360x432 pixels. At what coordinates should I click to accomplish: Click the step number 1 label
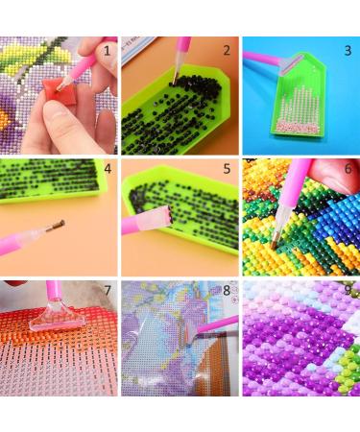point(108,49)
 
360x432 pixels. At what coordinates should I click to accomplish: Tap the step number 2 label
point(227,50)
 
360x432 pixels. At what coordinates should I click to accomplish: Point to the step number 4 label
point(108,170)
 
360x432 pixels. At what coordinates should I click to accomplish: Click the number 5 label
point(228,170)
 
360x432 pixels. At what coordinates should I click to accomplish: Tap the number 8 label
point(227,290)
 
